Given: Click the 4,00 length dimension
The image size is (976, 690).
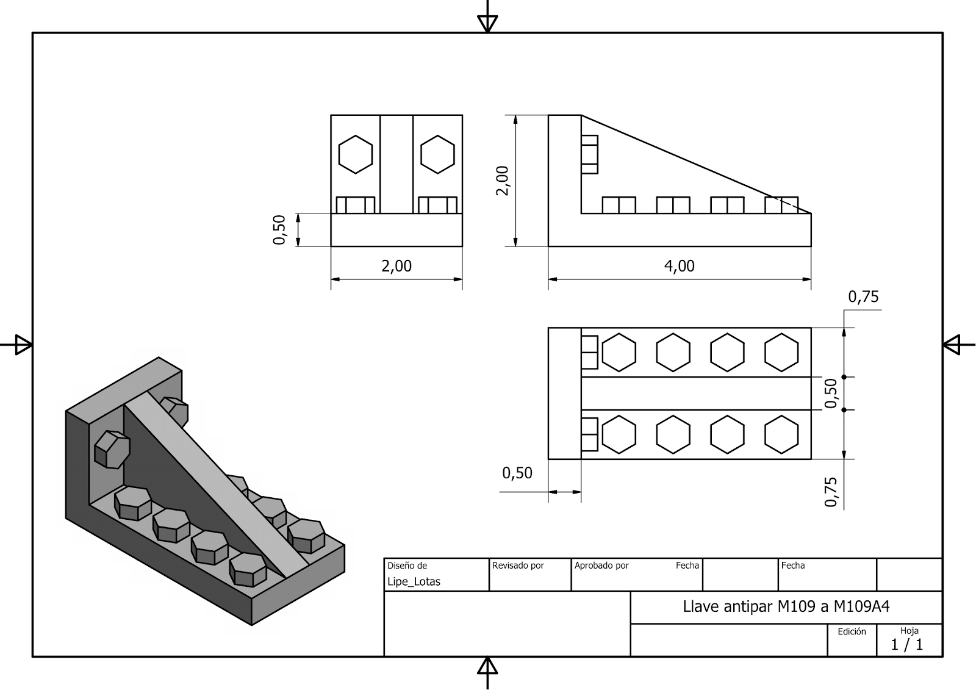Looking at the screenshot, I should point(680,266).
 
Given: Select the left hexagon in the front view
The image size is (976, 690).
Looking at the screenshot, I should point(356,154).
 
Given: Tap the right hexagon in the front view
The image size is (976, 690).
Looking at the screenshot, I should point(437,154).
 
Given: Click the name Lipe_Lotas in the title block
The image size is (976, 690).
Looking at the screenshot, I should point(414,582).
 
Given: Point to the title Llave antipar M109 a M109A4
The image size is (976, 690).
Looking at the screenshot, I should point(786,607).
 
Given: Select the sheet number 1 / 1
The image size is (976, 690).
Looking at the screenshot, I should point(907,645).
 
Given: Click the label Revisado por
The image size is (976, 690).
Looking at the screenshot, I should point(518,566).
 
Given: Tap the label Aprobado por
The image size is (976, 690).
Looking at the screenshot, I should point(601,566).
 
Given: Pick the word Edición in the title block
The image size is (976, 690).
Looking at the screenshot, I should point(852,631).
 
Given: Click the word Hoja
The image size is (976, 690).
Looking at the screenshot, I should point(909,631).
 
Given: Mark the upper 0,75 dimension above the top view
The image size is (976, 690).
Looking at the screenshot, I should point(863,297).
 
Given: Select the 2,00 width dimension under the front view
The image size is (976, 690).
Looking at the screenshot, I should point(396,266).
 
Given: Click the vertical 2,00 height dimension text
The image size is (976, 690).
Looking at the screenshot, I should point(503,181).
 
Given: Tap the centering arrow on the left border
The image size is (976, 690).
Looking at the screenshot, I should point(23,345).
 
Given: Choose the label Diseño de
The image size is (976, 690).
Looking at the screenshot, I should point(407,566).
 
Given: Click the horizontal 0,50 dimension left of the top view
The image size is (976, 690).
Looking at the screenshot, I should point(517,473).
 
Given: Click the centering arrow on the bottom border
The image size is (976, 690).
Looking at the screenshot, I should point(487,667).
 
